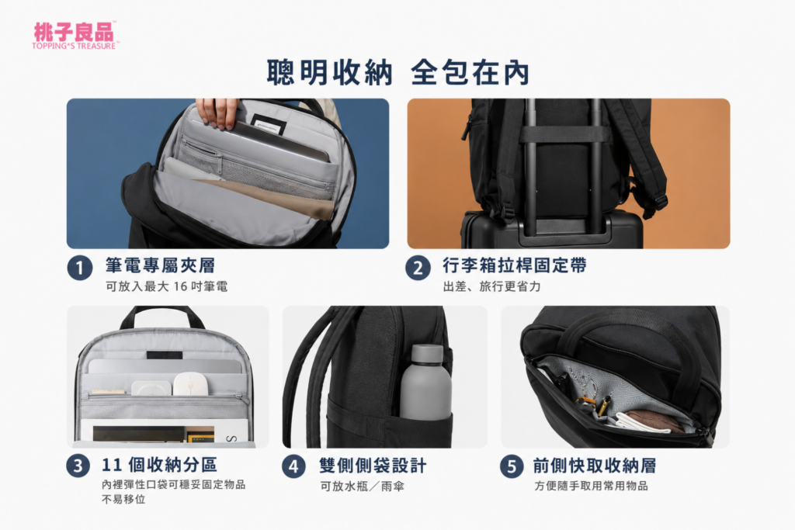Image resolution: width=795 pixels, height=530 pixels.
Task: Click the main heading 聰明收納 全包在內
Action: (x=398, y=72)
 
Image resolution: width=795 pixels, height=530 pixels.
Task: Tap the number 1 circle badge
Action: (x=80, y=268)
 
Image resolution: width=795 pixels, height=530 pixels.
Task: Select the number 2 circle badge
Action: (x=418, y=268)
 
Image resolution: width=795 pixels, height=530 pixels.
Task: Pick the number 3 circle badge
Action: (x=78, y=465)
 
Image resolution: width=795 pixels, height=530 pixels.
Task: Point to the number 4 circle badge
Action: (x=293, y=466)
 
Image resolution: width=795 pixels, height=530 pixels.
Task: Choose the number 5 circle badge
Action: (x=512, y=466)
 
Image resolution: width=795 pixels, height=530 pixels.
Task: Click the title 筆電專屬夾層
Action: (x=160, y=265)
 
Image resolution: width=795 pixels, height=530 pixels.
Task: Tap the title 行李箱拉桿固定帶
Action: (x=515, y=265)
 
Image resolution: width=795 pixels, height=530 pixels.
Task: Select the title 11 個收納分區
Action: (x=159, y=464)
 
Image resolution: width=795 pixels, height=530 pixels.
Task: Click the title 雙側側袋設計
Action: (x=373, y=466)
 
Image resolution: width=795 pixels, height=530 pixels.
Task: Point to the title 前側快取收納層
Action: (x=594, y=465)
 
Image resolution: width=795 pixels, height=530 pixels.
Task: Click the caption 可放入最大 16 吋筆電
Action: (x=166, y=287)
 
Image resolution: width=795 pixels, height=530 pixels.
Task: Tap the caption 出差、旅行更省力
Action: (x=491, y=287)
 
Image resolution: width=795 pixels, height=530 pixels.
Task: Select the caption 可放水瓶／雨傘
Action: (x=362, y=487)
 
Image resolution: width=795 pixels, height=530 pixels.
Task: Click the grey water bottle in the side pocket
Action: (x=425, y=383)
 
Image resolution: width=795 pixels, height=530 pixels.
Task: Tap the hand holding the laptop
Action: (x=217, y=113)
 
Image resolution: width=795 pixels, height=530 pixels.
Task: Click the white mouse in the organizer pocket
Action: (x=191, y=384)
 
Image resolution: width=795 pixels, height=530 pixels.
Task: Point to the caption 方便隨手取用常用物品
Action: (x=591, y=486)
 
